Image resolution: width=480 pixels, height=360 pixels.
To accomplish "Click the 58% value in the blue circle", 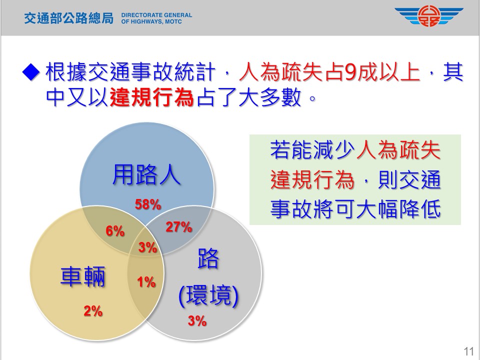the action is click(x=148, y=204).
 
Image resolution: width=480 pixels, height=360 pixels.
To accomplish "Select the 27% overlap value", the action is click(x=179, y=227).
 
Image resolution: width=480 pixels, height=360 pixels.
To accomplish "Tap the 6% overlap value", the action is click(x=115, y=231).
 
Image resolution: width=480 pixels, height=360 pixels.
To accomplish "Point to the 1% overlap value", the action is click(x=146, y=282).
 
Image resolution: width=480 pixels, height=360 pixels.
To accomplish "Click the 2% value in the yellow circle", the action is click(x=93, y=311).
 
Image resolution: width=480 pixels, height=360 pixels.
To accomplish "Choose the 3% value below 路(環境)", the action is click(x=197, y=321).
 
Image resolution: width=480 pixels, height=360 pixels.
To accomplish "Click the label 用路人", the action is click(x=146, y=175).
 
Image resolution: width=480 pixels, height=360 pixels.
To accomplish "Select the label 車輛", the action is click(x=83, y=276).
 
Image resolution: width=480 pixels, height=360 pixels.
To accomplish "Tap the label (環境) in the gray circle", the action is click(x=208, y=295).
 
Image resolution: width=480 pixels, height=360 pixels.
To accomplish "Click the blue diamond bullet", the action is click(x=31, y=72).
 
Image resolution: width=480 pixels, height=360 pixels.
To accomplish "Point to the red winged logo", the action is click(x=428, y=16).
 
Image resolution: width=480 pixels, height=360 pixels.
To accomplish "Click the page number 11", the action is click(x=468, y=351).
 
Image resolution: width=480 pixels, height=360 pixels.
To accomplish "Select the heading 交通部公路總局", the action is click(x=68, y=18).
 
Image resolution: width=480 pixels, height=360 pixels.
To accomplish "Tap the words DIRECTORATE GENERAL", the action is click(x=156, y=15).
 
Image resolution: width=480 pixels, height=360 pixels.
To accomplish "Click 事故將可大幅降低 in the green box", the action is click(x=355, y=209).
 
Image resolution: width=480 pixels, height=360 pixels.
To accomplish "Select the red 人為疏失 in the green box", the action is click(x=398, y=150).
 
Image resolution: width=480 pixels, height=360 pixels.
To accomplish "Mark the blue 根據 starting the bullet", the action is click(x=66, y=72).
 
